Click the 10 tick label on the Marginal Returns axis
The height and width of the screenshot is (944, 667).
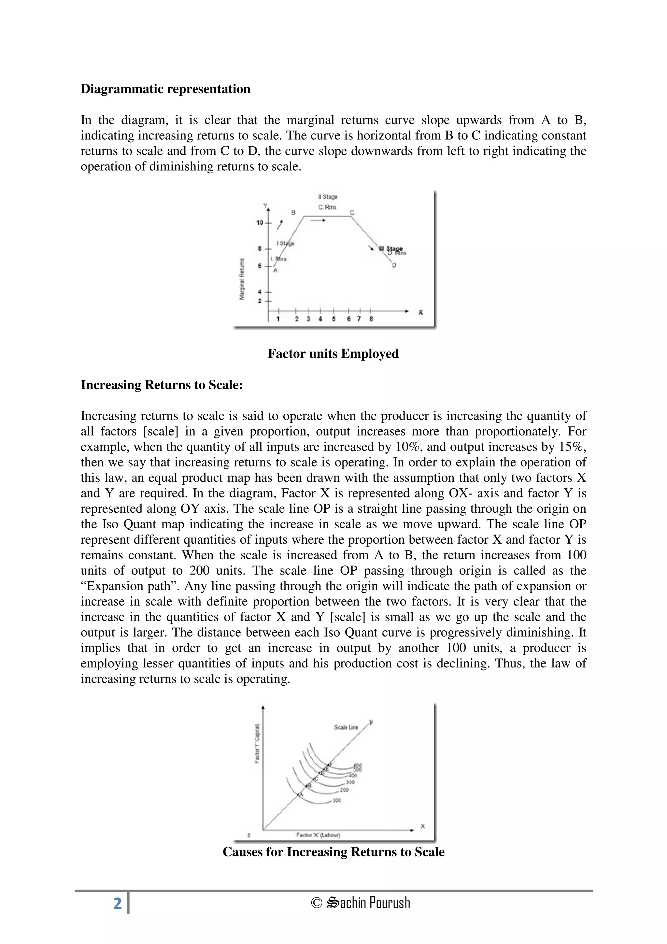260,222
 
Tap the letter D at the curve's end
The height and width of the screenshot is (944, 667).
394,265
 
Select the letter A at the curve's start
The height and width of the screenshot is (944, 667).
275,270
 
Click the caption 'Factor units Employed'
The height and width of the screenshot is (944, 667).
333,353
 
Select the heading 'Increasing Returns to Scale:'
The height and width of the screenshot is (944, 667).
162,384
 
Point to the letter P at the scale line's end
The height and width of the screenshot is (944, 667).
371,723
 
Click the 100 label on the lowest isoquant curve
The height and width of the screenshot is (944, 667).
336,800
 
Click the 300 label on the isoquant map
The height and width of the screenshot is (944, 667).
350,782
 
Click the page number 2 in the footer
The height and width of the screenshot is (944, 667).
118,904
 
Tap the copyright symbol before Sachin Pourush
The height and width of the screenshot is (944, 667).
317,903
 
